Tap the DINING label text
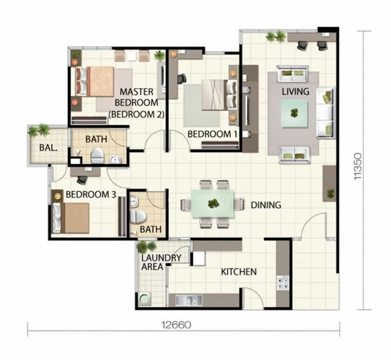click(x=265, y=205)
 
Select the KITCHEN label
click(x=239, y=272)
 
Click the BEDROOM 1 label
click(x=212, y=134)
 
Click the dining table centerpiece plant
click(x=213, y=203)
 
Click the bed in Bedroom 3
click(x=72, y=218)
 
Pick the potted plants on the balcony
click(x=38, y=130)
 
